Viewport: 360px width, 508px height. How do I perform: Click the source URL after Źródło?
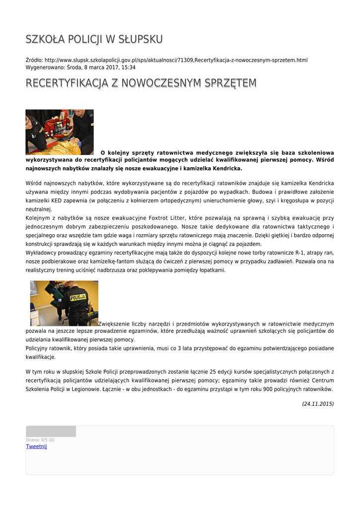pyautogui.click(x=176, y=60)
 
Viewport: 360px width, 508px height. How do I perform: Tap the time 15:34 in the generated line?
pyautogui.click(x=128, y=67)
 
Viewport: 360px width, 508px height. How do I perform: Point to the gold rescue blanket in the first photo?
pyautogui.click(x=62, y=148)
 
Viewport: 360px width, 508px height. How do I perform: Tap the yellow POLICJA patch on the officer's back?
pyautogui.click(x=77, y=298)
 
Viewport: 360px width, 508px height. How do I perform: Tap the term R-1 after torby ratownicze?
pyautogui.click(x=300, y=253)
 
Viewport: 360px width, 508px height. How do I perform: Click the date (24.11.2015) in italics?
pyautogui.click(x=318, y=404)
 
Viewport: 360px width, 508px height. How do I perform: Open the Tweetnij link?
pyautogui.click(x=36, y=446)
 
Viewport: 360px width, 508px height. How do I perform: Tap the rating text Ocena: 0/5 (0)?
pyautogui.click(x=40, y=440)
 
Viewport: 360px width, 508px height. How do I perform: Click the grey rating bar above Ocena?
pyautogui.click(x=51, y=431)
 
